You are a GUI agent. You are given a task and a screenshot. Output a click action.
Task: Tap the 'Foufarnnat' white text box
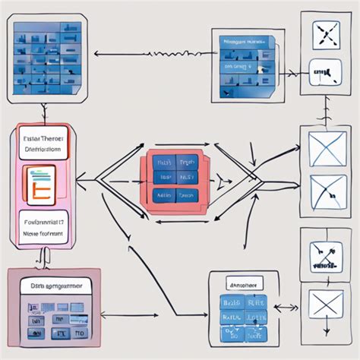[x=42, y=229]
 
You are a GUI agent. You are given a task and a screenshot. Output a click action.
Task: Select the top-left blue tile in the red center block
[x=163, y=163]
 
